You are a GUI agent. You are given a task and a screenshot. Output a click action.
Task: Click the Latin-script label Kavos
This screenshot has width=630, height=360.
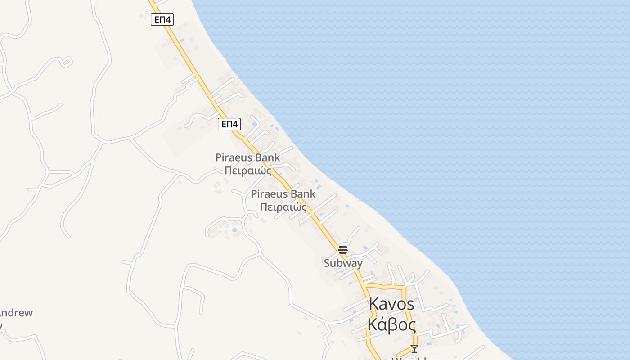(391, 304)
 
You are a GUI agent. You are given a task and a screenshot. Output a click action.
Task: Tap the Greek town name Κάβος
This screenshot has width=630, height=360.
(391, 324)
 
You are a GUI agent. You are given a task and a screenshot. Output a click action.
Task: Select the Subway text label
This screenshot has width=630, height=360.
(343, 263)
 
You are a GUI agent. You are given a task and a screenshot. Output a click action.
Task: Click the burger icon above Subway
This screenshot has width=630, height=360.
(343, 249)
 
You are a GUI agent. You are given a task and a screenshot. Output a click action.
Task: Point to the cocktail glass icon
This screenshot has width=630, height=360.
(414, 348)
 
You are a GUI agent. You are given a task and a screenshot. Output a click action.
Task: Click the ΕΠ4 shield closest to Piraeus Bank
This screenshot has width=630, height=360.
(229, 124)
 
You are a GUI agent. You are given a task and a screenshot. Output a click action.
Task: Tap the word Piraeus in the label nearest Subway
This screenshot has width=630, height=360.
(270, 194)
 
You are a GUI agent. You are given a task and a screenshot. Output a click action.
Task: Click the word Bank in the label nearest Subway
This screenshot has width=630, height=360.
(303, 194)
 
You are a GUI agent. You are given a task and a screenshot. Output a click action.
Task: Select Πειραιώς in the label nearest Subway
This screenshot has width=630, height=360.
(283, 207)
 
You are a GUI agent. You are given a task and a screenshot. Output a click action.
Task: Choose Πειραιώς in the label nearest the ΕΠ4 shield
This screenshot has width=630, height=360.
(248, 171)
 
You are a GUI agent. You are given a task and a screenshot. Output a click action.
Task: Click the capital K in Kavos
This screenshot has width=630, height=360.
(373, 304)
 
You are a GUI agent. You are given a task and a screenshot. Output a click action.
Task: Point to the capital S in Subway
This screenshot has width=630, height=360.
(327, 263)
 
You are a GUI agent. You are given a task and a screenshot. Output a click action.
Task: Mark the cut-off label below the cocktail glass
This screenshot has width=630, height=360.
(414, 358)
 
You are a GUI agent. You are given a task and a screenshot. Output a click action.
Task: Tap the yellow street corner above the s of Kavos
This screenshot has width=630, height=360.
(405, 287)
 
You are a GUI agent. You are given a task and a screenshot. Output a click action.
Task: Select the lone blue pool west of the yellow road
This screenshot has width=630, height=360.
(234, 230)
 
